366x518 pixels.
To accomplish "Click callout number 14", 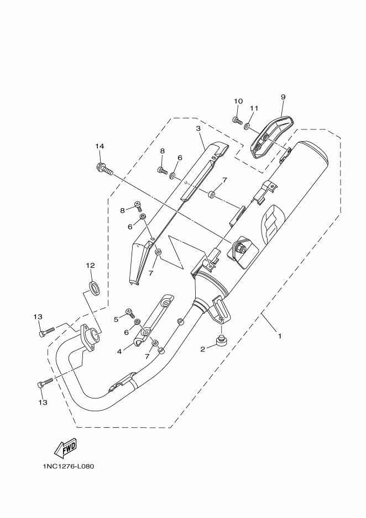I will click(100, 146).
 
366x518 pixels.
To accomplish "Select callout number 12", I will click(90, 265).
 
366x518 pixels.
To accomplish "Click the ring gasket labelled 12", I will click(95, 286).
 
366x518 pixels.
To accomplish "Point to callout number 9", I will click(283, 97).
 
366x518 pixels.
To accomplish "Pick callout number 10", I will click(238, 101).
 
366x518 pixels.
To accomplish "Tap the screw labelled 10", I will click(237, 120).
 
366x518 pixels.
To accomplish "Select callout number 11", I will click(254, 108).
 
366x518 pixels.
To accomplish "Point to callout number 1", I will click(280, 335).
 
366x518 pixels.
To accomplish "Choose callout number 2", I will click(203, 349).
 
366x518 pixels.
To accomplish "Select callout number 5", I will click(116, 319).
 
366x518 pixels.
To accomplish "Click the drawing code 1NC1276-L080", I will click(69, 466).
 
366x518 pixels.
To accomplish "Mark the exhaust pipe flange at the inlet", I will click(88, 338).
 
